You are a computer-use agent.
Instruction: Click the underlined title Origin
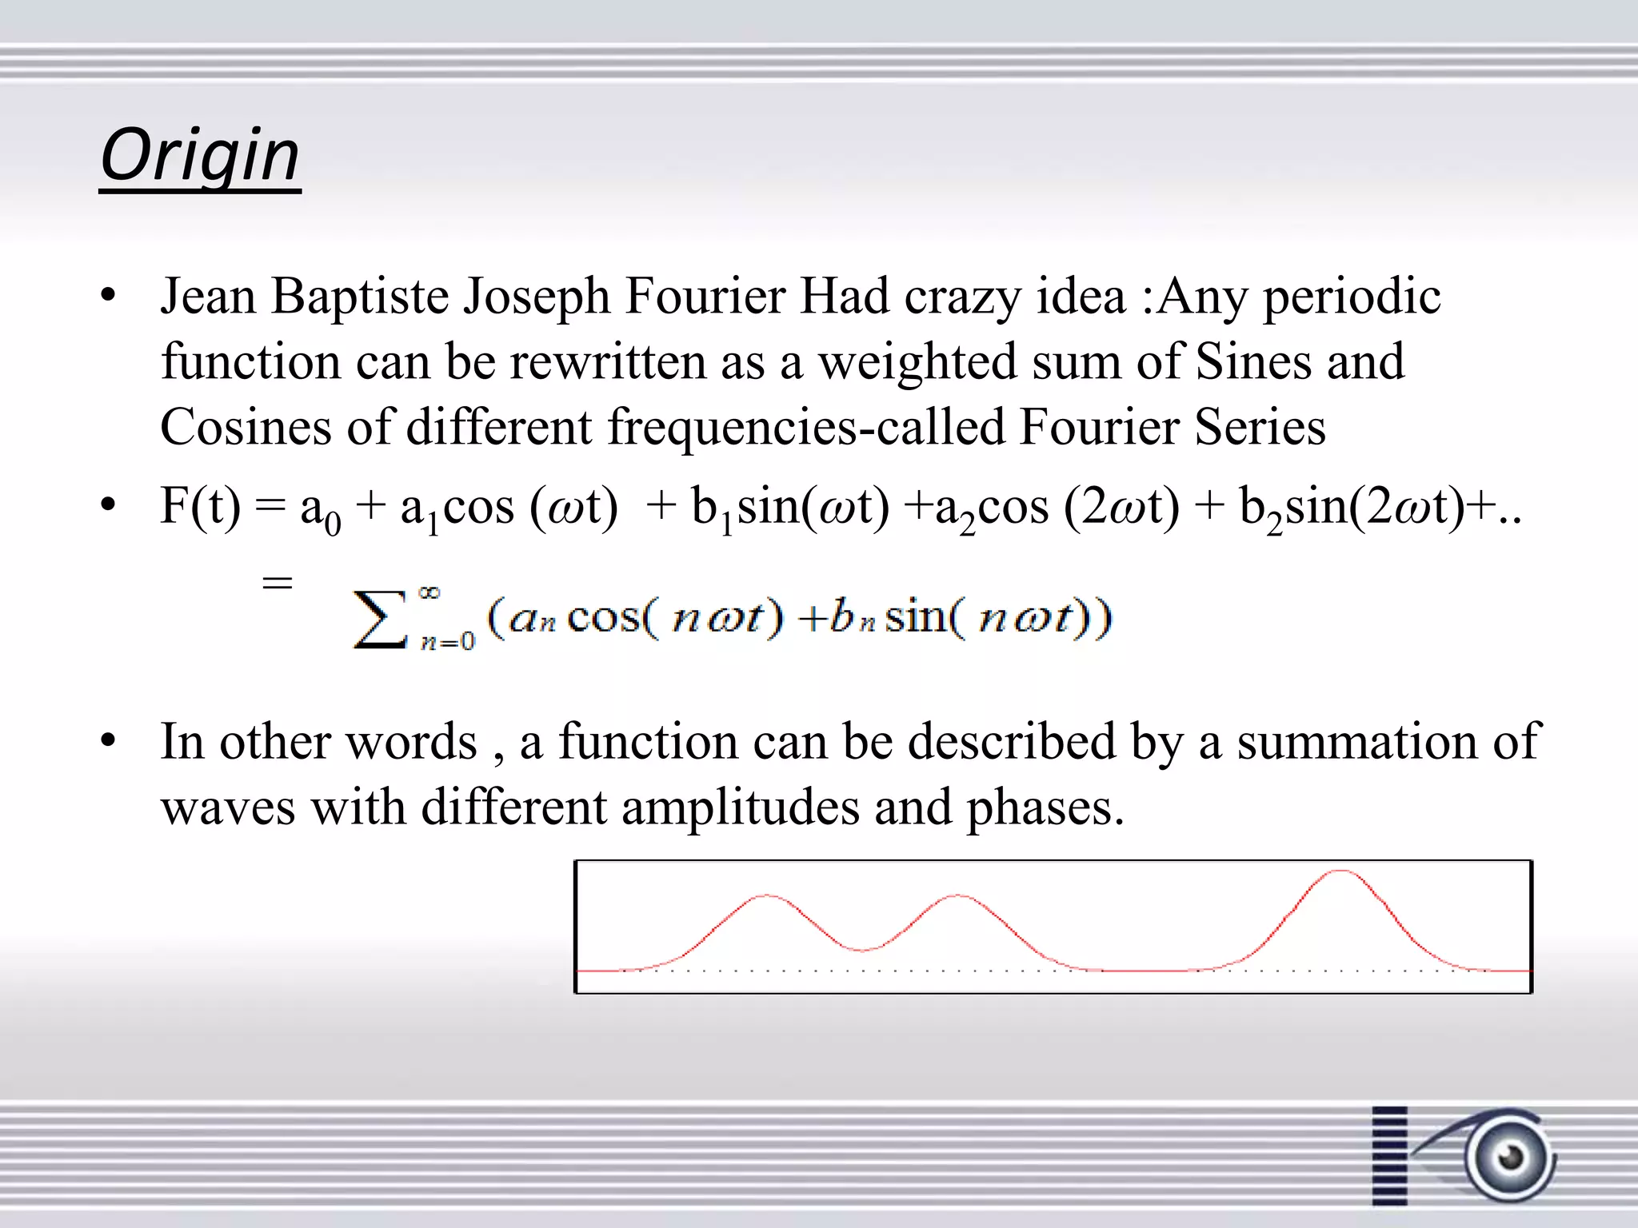coord(200,156)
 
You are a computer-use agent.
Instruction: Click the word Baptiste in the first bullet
coord(360,297)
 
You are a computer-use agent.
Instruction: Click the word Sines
coord(1253,363)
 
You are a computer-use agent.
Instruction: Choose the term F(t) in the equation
coord(200,507)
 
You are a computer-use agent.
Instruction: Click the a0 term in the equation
coord(320,510)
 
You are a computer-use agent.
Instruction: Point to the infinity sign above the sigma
coord(429,592)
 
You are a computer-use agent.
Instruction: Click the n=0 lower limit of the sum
coord(448,641)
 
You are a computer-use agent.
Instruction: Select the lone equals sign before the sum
coord(278,583)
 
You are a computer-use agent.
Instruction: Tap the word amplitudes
coord(740,807)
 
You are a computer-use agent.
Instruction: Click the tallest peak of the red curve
coord(1340,871)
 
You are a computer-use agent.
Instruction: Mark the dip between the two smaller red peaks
coord(862,949)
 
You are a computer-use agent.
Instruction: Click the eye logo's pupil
coord(1511,1156)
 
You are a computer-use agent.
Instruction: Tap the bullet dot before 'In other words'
coord(109,741)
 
